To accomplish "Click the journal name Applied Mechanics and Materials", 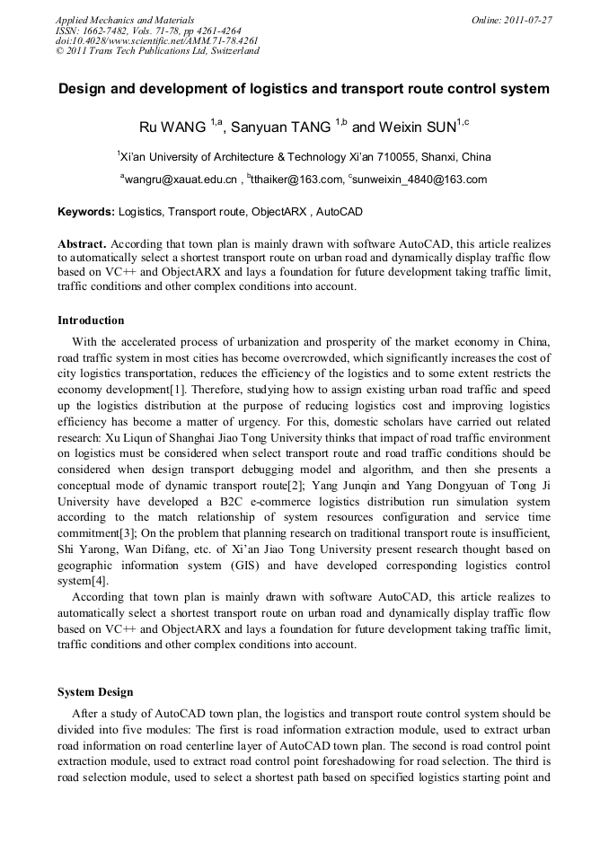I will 124,19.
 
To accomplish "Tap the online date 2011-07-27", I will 528,19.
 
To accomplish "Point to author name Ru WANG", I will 173,127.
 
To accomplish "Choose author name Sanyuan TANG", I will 280,127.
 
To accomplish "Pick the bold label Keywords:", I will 86,212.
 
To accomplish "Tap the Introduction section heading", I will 91,321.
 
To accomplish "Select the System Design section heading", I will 95,692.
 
